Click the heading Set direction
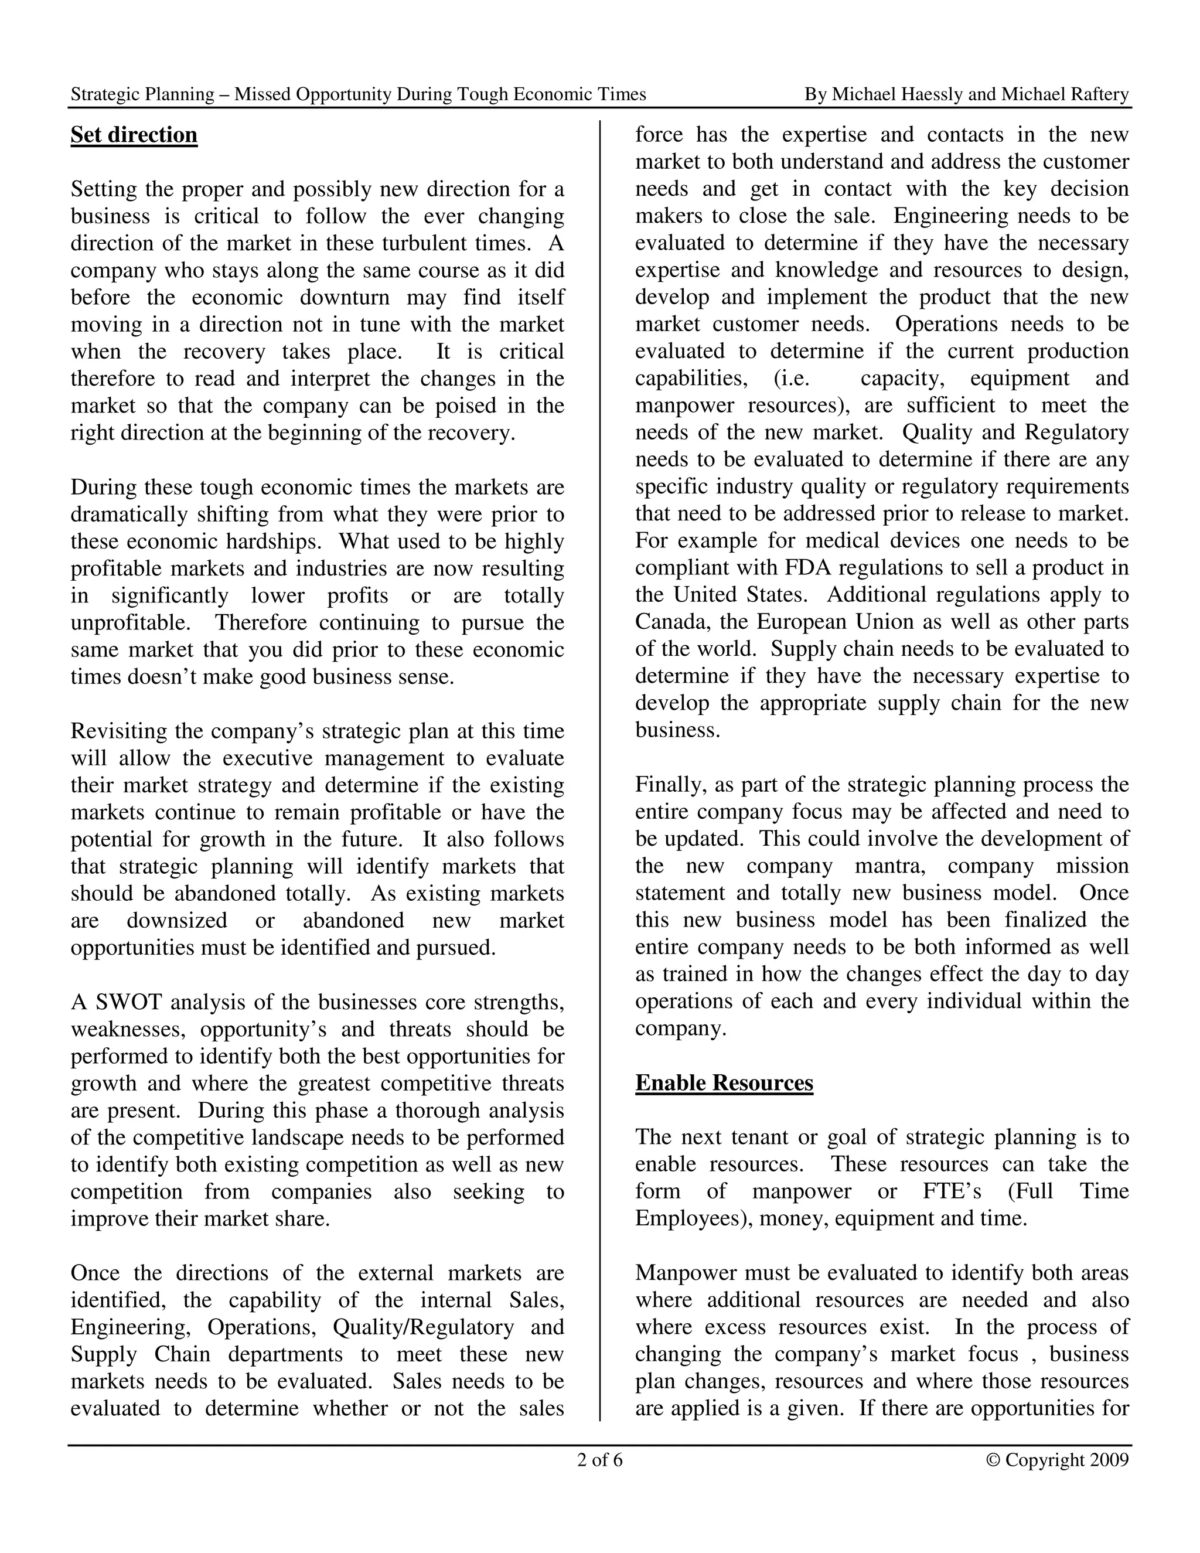point(134,135)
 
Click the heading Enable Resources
point(724,1082)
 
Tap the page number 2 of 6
point(599,1460)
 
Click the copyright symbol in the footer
point(993,1460)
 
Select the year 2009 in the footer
point(1109,1460)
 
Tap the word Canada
point(673,621)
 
